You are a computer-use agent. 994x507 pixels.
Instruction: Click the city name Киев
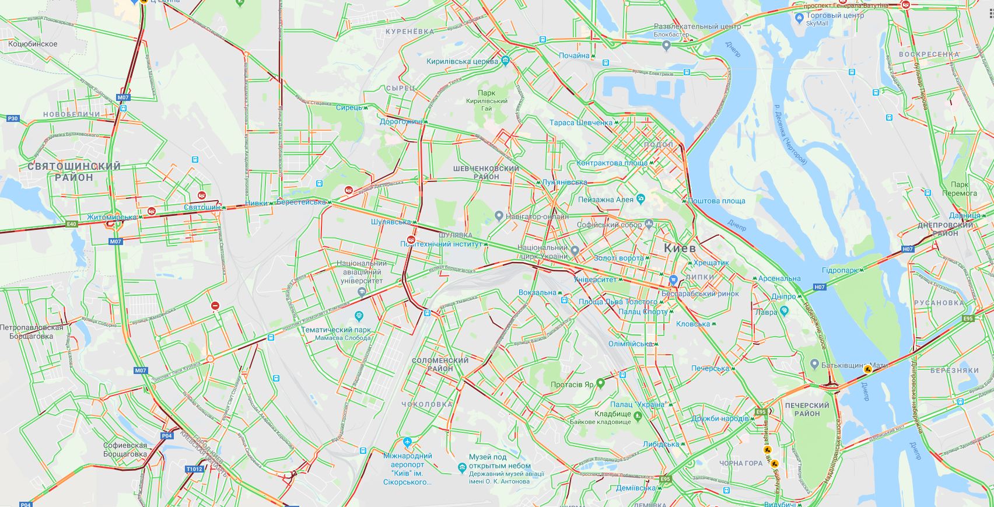[x=680, y=248]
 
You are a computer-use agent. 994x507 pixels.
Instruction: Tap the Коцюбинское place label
[x=33, y=44]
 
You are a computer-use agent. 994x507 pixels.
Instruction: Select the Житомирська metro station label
[x=111, y=217]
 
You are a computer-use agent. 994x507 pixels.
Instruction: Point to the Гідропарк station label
[x=840, y=271]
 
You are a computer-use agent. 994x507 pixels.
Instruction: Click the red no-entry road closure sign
[x=215, y=305]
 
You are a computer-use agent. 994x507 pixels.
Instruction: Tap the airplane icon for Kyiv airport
[x=407, y=443]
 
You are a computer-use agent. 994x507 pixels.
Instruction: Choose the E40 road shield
[x=72, y=223]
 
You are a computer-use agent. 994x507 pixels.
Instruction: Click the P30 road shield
[x=13, y=118]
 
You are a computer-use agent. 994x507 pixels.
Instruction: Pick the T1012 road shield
[x=194, y=468]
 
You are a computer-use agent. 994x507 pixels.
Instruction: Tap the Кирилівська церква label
[x=462, y=61]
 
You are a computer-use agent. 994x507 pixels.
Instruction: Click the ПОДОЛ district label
[x=659, y=144]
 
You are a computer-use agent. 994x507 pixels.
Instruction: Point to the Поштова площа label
[x=716, y=201]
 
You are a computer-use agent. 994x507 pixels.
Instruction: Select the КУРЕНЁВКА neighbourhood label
[x=409, y=32]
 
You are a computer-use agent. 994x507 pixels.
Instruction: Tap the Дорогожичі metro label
[x=401, y=122]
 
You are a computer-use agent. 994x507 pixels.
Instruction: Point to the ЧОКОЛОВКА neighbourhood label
[x=427, y=404]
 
